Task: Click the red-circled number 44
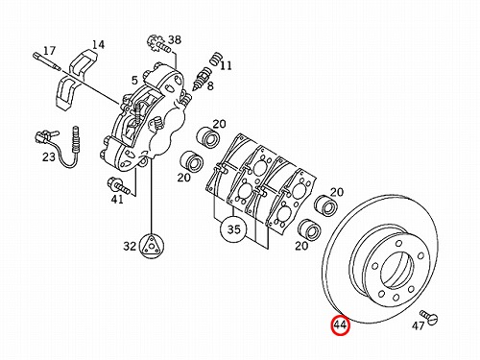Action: click(x=340, y=325)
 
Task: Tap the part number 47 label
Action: click(x=418, y=325)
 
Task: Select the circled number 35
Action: click(x=234, y=229)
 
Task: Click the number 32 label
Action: click(x=130, y=246)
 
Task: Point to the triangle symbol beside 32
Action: click(x=151, y=245)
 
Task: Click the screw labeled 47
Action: click(x=429, y=316)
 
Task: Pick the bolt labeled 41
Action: click(x=119, y=185)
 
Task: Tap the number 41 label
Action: click(x=117, y=200)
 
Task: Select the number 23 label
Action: click(x=49, y=157)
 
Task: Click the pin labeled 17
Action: click(x=47, y=61)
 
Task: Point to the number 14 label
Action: click(x=98, y=44)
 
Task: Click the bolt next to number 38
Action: click(x=158, y=46)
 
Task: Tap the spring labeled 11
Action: click(x=216, y=59)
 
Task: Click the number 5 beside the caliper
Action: click(x=134, y=81)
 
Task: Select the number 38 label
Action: click(x=175, y=40)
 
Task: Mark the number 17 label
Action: click(x=49, y=51)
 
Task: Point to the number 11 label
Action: click(x=226, y=65)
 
